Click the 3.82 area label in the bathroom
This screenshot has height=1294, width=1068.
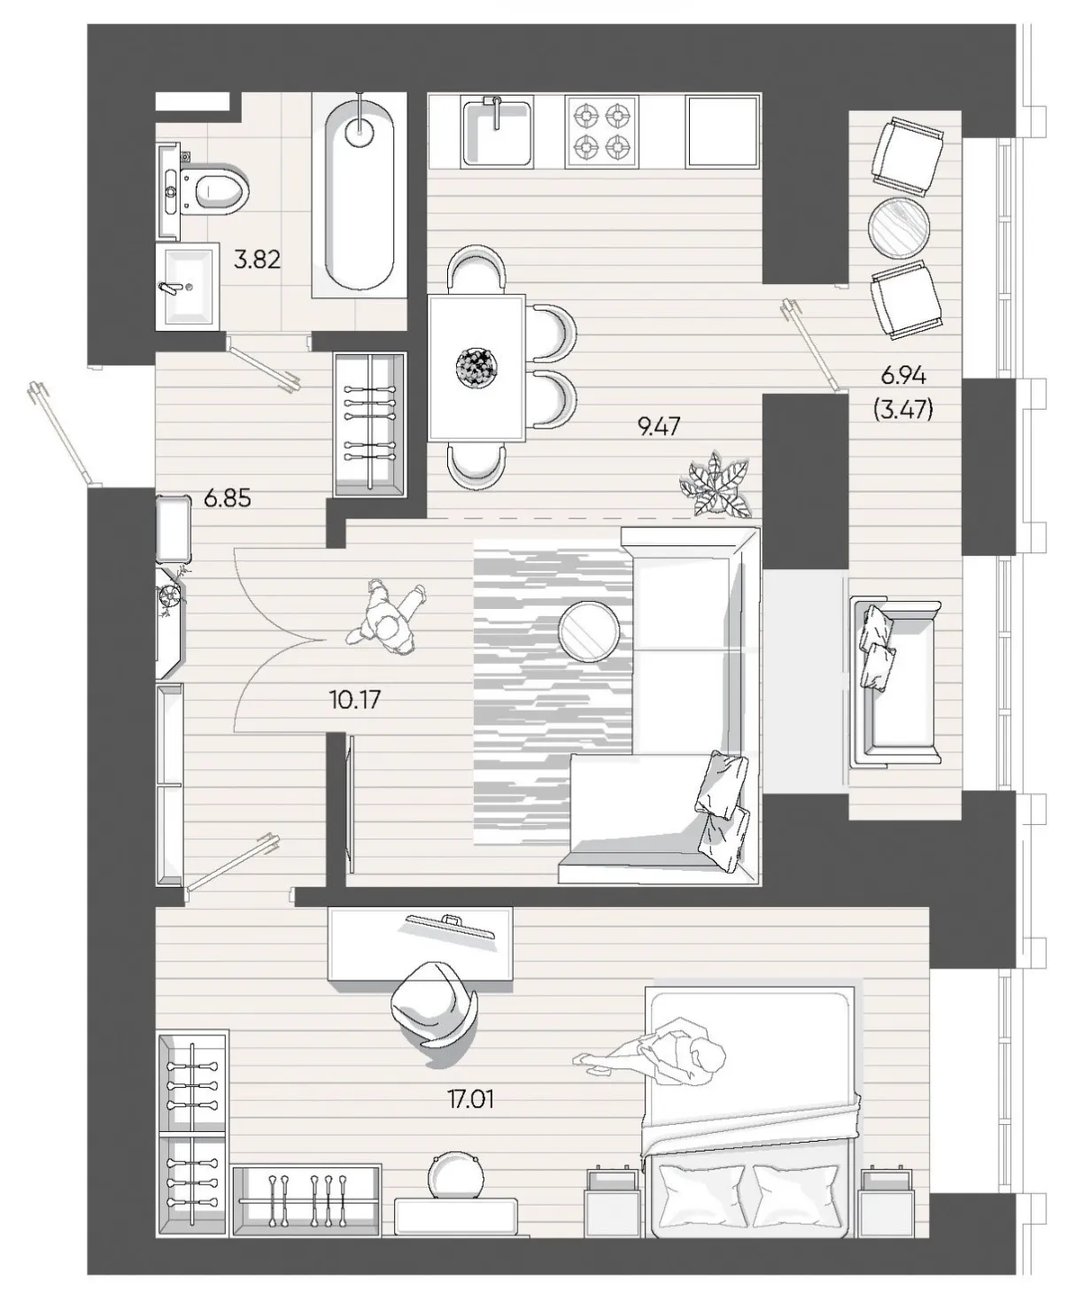pos(257,259)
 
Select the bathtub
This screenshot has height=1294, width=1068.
pos(360,193)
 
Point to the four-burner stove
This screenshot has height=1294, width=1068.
pos(601,131)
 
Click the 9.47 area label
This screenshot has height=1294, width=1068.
pos(659,427)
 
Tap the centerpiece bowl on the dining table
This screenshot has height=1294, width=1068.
pos(476,367)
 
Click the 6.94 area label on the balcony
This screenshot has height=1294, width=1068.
pos(903,375)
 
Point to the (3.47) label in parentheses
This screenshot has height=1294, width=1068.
pos(903,410)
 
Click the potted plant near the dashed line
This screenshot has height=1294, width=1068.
pos(716,485)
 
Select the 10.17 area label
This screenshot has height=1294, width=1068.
pos(355,700)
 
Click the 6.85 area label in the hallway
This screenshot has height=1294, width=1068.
pos(228,498)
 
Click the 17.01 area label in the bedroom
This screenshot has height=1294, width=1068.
pos(471,1100)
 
